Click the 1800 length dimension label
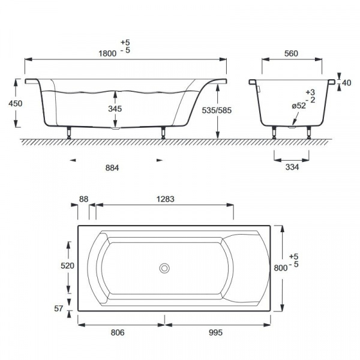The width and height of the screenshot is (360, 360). pos(107,53)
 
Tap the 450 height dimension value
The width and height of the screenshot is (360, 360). pos(16,104)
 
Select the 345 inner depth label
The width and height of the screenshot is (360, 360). pos(115,109)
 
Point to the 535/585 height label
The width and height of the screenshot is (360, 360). pos(217,110)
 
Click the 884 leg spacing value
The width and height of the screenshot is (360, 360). pos(112,168)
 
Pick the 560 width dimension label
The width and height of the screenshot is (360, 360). pos(291,53)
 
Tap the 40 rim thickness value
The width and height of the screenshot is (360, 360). pos(347,83)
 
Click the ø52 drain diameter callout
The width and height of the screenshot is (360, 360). pos(299,106)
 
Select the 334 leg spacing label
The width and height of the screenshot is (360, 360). pos(292,167)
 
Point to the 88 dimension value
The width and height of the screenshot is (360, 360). pos(83,199)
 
